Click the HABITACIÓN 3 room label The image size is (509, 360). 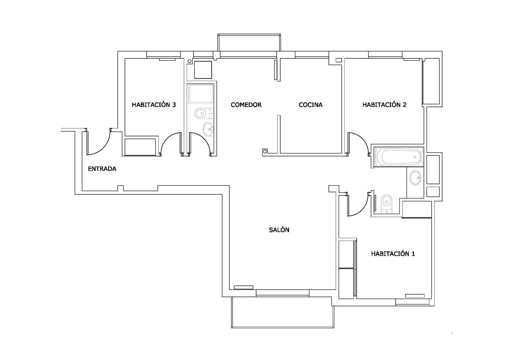154,105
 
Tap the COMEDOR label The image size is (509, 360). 246,105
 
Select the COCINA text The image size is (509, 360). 310,105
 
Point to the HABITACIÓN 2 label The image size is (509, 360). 384,105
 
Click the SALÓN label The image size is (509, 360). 279,230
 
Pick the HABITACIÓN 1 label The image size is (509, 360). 393,254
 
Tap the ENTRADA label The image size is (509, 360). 102,169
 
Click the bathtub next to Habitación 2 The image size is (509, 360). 399,157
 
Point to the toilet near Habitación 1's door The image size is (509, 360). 387,204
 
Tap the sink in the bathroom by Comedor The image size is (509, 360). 208,129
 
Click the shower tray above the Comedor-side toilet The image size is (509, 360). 201,94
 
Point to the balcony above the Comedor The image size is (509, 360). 249,42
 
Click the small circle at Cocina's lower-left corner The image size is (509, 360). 264,151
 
